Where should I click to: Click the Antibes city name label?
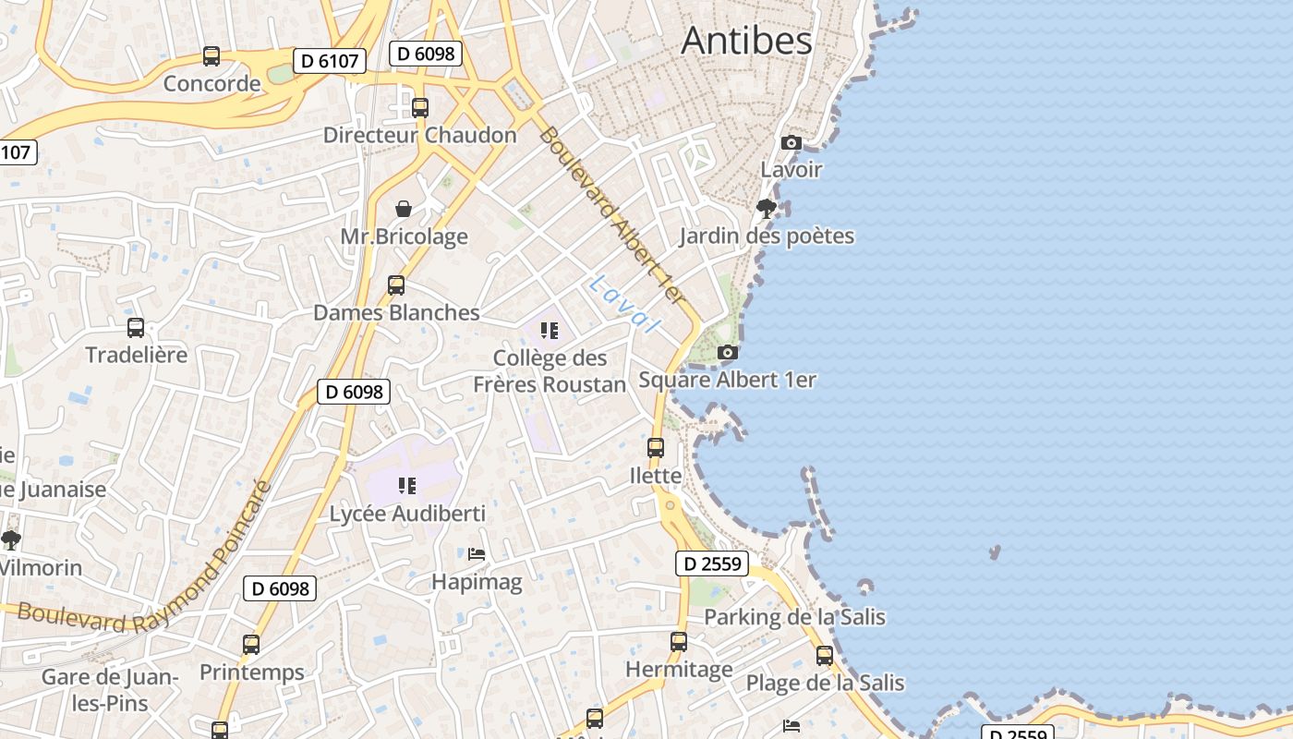[746, 41]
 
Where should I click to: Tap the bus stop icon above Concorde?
[211, 56]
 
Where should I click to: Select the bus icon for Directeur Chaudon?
[420, 107]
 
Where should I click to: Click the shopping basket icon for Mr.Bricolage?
[404, 209]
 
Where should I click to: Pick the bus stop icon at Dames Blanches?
[396, 285]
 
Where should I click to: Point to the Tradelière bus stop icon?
[136, 327]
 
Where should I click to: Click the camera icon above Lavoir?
[791, 142]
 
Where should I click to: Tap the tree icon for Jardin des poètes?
[766, 208]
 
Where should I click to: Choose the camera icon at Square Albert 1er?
[728, 352]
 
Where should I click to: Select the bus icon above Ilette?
[656, 448]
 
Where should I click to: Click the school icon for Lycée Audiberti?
[407, 485]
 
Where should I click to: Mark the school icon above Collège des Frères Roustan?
[550, 330]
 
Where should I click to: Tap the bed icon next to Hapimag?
[477, 554]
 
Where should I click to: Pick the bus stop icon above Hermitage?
[679, 641]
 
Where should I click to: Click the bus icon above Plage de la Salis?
[825, 656]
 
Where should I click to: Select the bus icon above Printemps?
[251, 645]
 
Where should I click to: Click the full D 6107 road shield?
[330, 61]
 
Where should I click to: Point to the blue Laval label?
[625, 303]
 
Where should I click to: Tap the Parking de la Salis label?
[794, 617]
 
